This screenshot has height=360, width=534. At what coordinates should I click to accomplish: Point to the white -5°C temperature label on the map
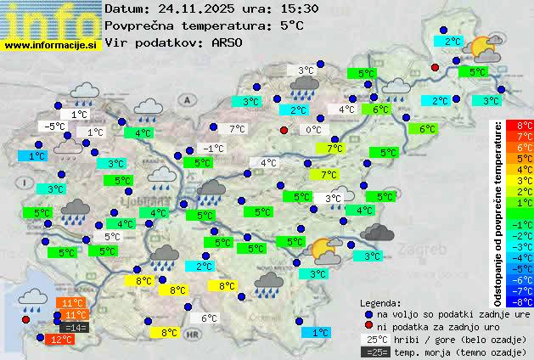pos(55,127)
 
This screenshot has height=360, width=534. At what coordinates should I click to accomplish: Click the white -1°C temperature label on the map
pos(214,149)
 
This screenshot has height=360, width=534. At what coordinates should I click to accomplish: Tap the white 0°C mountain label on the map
pos(313,130)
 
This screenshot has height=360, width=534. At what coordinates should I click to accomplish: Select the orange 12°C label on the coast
pos(61,340)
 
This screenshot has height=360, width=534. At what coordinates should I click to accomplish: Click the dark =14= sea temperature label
pos(75,327)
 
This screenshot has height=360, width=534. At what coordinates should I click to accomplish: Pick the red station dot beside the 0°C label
pos(284,130)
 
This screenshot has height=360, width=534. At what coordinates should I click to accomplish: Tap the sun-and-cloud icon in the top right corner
pos(484,48)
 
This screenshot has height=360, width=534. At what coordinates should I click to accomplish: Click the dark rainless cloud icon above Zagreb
pos(376,231)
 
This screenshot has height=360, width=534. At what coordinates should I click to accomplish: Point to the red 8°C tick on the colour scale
pos(525,126)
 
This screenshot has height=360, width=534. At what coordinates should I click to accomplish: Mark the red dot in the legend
pos(368,327)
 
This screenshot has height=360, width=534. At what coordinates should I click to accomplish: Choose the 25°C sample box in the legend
pos(375,339)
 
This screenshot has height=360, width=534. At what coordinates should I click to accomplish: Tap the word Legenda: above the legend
pos(381,303)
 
